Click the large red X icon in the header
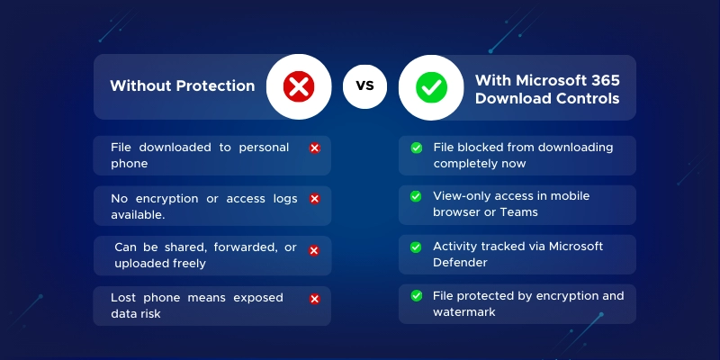point(299,86)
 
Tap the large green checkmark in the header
point(431,87)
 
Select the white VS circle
point(364,86)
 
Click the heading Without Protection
point(183,85)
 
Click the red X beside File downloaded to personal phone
point(314,148)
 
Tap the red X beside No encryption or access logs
point(314,199)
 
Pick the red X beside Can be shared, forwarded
point(314,251)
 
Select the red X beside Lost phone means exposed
point(314,300)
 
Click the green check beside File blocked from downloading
point(417,148)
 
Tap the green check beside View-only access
point(416,196)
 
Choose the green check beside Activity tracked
point(416,247)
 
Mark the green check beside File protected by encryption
point(417,296)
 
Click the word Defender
point(460,263)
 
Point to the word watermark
point(464,312)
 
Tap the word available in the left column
point(138,215)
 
